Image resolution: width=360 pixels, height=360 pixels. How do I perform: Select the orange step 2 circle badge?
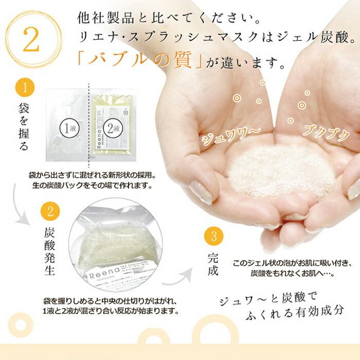[49, 211]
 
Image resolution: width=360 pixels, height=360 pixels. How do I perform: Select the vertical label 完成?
[213, 263]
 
